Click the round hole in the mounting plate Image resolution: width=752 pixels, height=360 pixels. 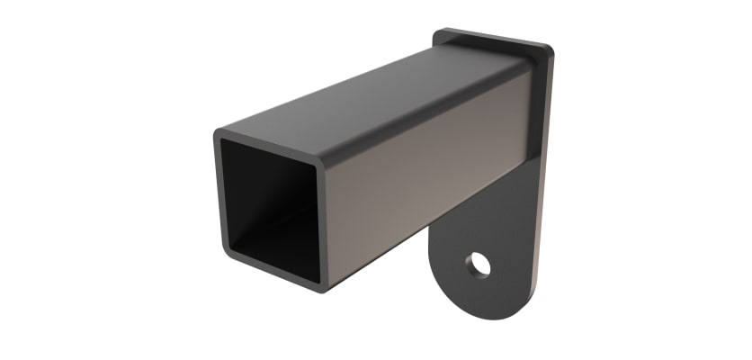point(478,264)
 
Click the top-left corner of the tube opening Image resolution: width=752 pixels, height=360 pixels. point(218,135)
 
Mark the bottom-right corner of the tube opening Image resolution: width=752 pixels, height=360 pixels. point(320,287)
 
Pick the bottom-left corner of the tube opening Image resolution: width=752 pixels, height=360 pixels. point(225,257)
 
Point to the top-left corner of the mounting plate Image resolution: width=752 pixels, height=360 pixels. point(438,33)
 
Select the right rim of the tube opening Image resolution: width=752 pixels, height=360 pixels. point(322,225)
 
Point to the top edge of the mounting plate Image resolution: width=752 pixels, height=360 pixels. point(495,37)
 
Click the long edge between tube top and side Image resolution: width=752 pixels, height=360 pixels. point(423,117)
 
